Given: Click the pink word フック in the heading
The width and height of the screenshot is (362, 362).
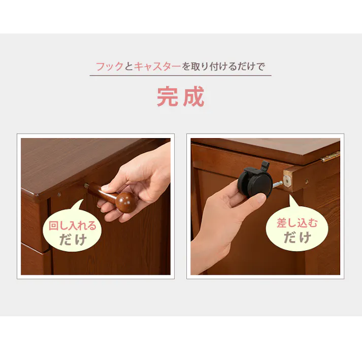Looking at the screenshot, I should [x=110, y=67].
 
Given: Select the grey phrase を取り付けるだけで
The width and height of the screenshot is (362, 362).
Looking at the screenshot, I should [x=223, y=67].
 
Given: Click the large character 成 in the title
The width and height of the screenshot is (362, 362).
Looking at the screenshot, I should [x=193, y=97].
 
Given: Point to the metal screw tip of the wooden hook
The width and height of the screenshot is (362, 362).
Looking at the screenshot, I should [x=87, y=185].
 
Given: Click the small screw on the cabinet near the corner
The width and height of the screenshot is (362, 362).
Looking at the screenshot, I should [x=59, y=194].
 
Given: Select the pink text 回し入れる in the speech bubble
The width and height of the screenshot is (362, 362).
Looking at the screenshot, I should [x=72, y=226].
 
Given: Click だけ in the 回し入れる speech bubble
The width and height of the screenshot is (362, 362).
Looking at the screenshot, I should [x=73, y=240].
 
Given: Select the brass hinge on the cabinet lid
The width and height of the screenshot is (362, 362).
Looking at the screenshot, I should [x=330, y=156].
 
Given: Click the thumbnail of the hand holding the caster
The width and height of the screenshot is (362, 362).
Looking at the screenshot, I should [x=265, y=206].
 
